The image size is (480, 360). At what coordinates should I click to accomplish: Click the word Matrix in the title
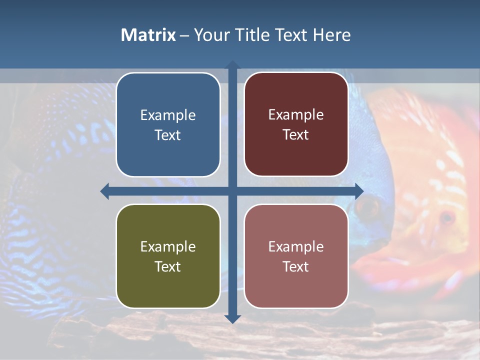point(148,35)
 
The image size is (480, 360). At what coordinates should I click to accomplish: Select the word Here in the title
point(332,35)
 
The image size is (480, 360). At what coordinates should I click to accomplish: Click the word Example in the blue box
point(168,115)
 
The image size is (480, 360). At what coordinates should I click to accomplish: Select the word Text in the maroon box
point(296,135)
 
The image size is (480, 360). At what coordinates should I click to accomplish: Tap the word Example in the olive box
point(168,247)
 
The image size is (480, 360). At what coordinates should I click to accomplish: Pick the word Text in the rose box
point(296,266)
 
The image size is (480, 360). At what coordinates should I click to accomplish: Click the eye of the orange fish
point(446,217)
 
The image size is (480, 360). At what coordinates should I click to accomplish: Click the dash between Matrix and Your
point(184,35)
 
